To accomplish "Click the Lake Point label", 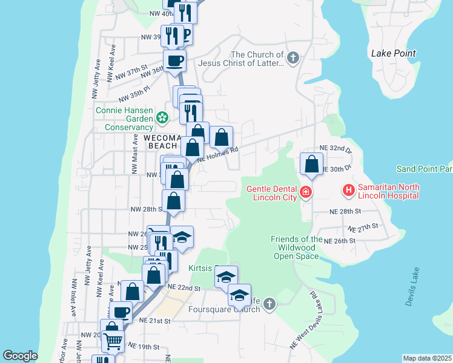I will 393,53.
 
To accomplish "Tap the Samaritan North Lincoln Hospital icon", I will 349,191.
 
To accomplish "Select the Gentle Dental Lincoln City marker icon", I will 306,193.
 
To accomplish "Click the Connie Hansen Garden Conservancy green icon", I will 162,117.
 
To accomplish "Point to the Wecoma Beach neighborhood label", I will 152,142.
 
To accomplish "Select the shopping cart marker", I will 113,341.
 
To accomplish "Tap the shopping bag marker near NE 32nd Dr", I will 311,164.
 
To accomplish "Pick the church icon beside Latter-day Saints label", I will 293,59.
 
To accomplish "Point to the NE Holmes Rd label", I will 217,155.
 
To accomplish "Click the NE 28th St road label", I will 345,212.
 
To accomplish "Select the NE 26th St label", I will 339,241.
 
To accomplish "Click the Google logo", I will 20,356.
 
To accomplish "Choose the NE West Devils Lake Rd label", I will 304,319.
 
